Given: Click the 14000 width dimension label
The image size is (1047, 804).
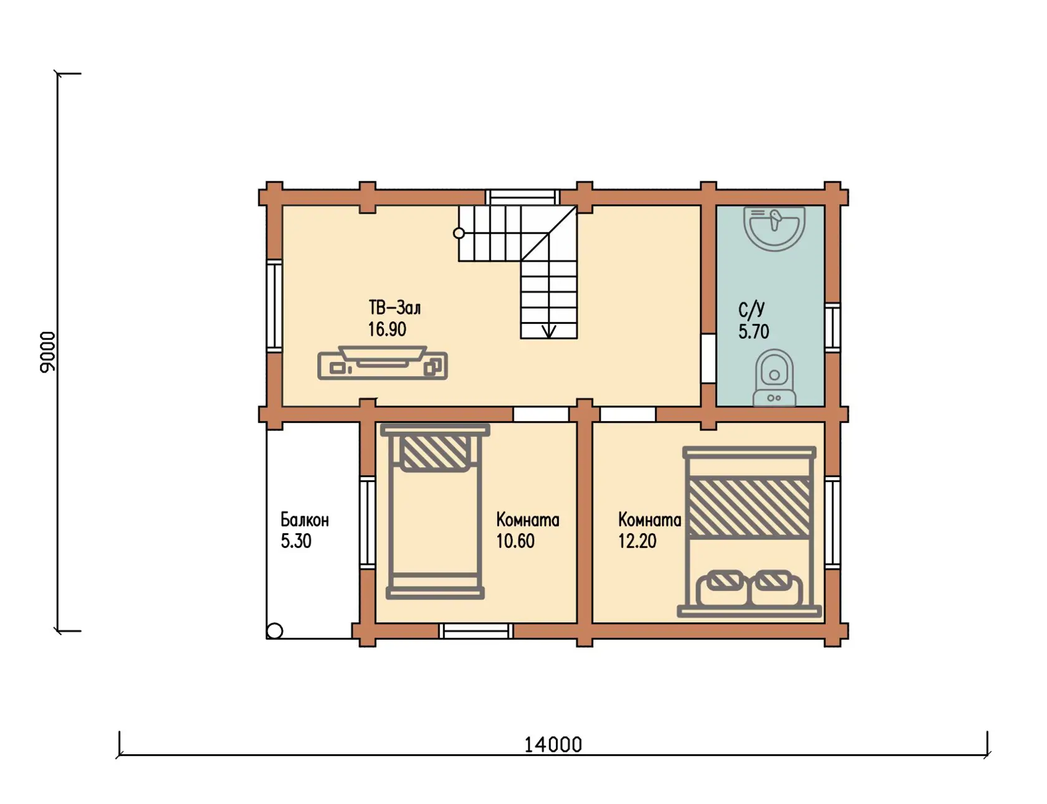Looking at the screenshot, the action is (553, 745).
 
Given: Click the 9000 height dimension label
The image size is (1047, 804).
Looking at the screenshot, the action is (48, 352).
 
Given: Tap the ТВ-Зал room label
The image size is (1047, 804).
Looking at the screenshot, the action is (394, 308).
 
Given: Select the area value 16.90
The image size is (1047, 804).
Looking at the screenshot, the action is (387, 329).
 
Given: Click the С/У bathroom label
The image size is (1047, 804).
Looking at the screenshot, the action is (752, 310).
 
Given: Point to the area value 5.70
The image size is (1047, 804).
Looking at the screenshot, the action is (754, 331).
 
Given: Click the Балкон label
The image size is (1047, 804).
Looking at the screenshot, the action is (305, 520).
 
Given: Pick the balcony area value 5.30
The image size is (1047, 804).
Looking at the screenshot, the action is (296, 541).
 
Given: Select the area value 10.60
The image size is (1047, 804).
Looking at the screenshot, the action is (515, 541).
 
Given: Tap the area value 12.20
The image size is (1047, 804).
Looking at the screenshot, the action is (638, 541).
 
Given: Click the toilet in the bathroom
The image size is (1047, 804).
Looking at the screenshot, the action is (774, 378).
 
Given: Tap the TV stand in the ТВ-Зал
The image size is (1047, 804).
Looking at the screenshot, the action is (383, 363).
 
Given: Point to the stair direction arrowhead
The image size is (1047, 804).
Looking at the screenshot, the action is (549, 331).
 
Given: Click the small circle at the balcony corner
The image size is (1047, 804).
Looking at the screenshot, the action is (275, 631).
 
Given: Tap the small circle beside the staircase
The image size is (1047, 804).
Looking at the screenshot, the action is (459, 234).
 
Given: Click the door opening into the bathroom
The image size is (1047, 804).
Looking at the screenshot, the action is (708, 358).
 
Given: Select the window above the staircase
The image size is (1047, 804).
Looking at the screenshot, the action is (522, 197).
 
